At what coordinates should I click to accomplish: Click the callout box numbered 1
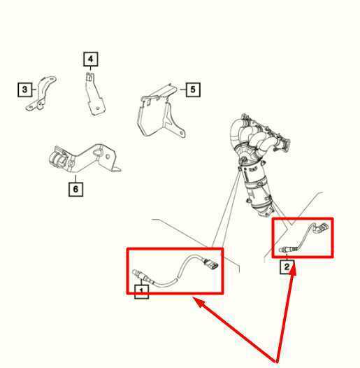[141, 290]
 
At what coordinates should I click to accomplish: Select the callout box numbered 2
[287, 267]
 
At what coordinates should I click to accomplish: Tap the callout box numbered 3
[25, 89]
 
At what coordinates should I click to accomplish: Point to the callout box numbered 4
[90, 59]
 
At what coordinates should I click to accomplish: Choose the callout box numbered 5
[192, 89]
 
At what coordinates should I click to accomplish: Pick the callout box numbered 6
[75, 188]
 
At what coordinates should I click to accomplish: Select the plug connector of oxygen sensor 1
[210, 267]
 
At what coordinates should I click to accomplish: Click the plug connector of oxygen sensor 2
[321, 227]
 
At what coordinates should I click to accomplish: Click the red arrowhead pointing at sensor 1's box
[199, 302]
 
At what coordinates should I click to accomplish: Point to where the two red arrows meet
[279, 359]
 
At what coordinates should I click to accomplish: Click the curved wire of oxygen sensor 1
[175, 272]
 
